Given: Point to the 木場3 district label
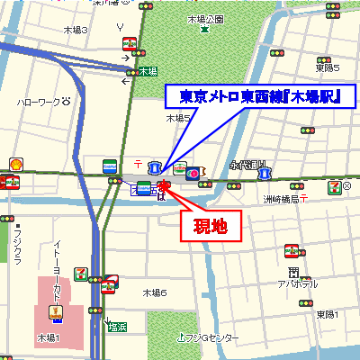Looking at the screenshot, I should pyautogui.click(x=75, y=30).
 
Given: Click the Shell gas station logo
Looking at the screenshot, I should pyautogui.click(x=15, y=164).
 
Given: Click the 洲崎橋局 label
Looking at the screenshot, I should pyautogui.click(x=281, y=199).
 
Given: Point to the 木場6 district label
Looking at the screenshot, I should pyautogui.click(x=156, y=293).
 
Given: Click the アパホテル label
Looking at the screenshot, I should pyautogui.click(x=293, y=283).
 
